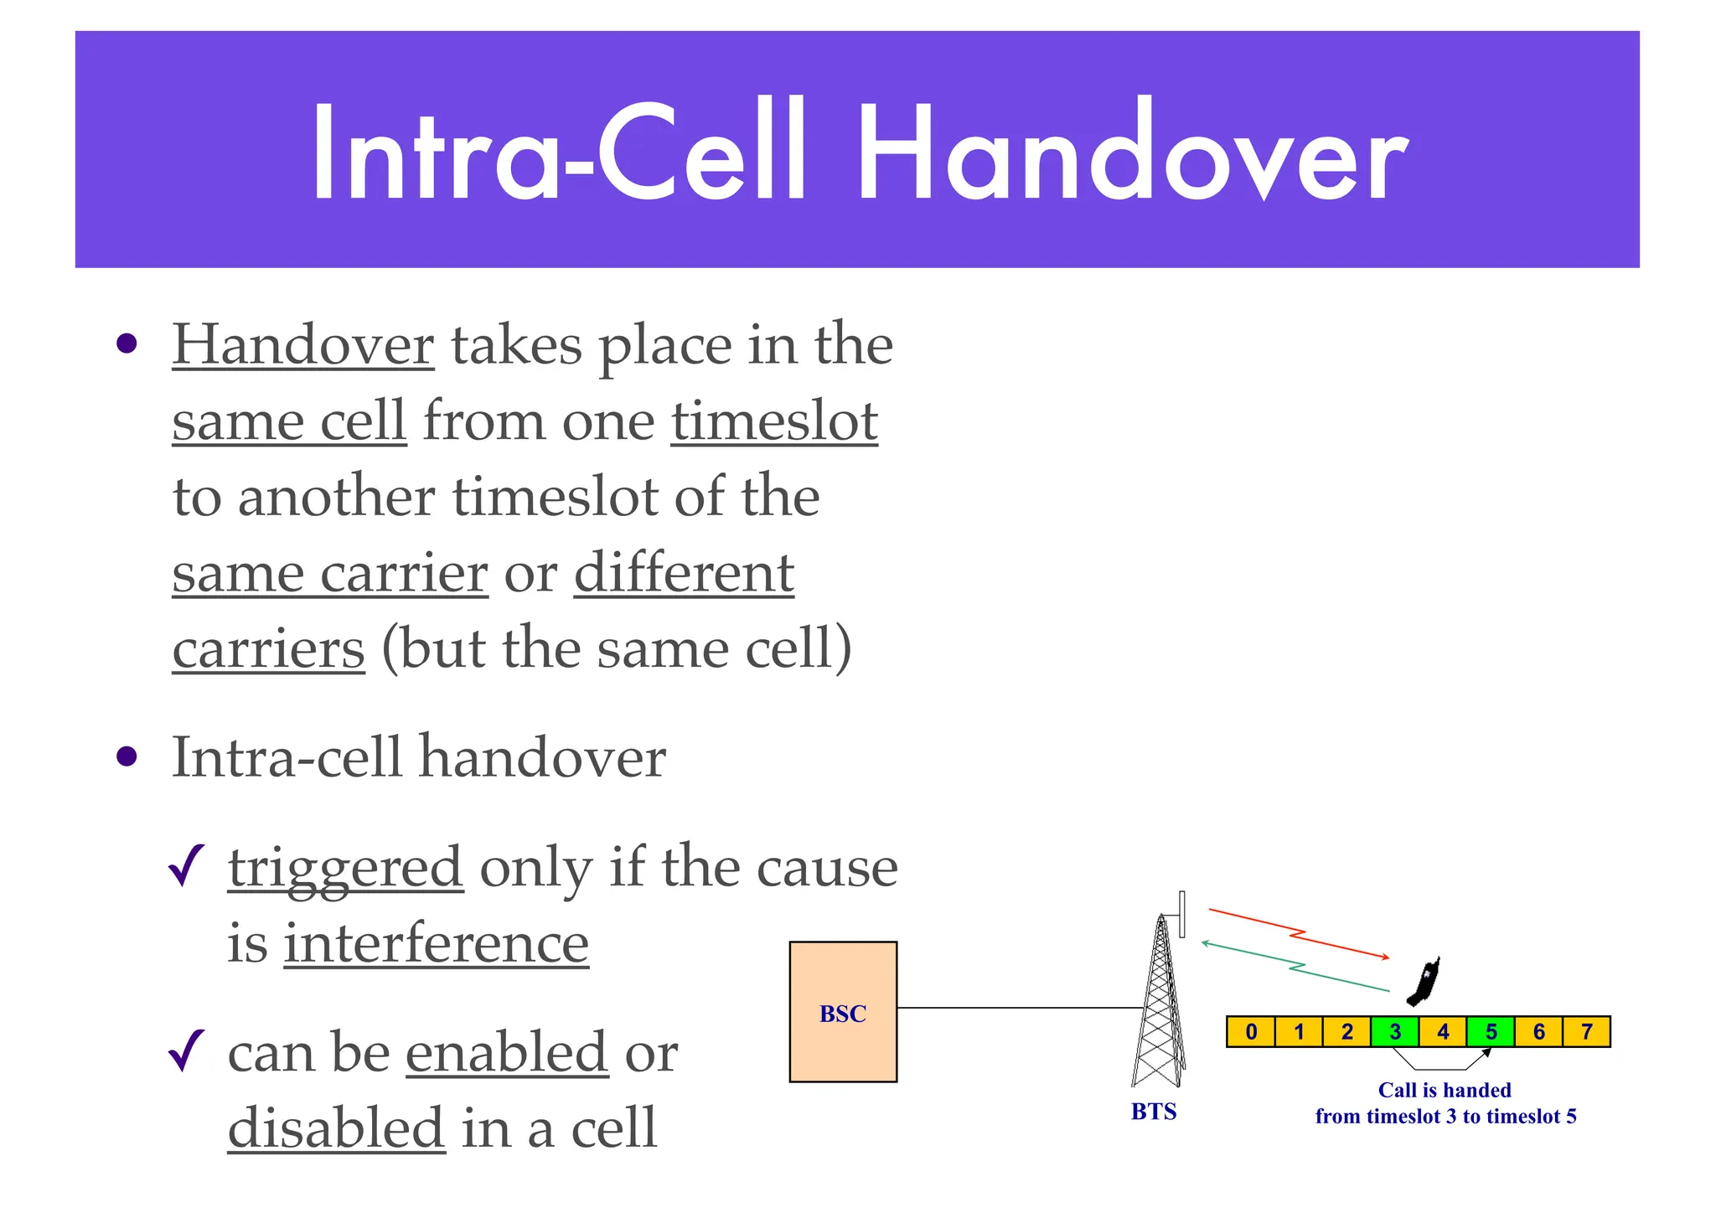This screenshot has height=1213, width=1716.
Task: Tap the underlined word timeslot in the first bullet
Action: (773, 421)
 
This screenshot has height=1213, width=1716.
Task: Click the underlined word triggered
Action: (345, 868)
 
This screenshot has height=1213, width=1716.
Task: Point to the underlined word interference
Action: (436, 944)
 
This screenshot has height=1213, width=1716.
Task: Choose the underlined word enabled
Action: (507, 1053)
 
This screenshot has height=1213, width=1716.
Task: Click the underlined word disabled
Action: (336, 1128)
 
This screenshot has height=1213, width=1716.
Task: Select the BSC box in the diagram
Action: (843, 1012)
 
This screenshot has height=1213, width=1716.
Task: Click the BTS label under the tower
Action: (1154, 1112)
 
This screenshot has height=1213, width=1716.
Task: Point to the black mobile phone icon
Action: (1424, 981)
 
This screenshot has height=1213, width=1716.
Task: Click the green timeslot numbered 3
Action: (1395, 1031)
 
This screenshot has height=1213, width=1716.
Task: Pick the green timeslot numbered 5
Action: (1491, 1031)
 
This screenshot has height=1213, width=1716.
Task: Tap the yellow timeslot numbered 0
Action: (1251, 1031)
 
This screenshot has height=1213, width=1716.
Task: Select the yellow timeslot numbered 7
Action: (1587, 1031)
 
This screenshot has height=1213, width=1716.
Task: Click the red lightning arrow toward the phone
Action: (1299, 932)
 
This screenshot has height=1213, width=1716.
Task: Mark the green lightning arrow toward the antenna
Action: (1295, 967)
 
